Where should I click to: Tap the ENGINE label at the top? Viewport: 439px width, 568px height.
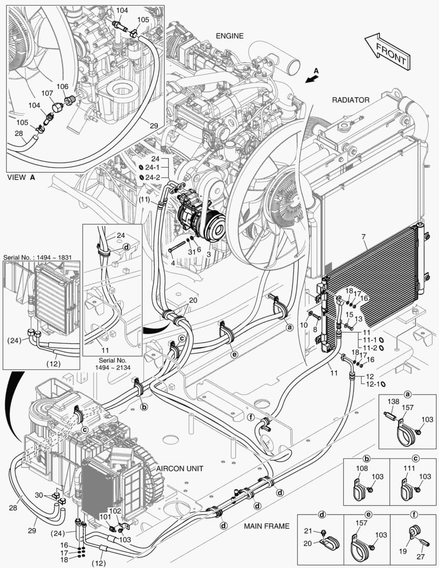(230, 36)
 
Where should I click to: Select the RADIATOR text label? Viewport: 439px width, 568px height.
(351, 99)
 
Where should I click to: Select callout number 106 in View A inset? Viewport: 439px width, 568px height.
(62, 86)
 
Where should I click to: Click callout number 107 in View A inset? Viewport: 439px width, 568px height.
(47, 93)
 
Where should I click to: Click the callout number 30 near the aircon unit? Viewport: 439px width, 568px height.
(38, 495)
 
